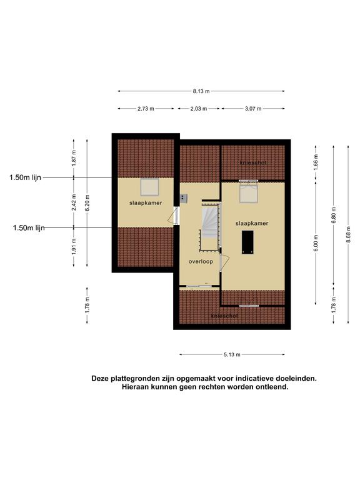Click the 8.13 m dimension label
(x=201, y=91)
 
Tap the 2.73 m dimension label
(x=146, y=109)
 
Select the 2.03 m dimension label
(x=199, y=109)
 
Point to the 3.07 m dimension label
(x=253, y=109)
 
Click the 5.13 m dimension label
(x=232, y=355)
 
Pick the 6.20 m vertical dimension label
(x=87, y=203)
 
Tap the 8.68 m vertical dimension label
(x=348, y=234)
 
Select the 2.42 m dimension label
(x=74, y=202)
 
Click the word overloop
(x=201, y=262)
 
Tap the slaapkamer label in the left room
(x=146, y=203)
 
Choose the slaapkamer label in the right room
(x=252, y=224)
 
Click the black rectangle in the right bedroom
(x=247, y=242)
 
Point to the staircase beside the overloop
(x=210, y=226)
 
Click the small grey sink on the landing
(x=184, y=199)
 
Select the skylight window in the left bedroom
(x=150, y=187)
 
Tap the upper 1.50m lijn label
(x=25, y=177)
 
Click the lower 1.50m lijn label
(x=29, y=227)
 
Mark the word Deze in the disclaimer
(x=100, y=378)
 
